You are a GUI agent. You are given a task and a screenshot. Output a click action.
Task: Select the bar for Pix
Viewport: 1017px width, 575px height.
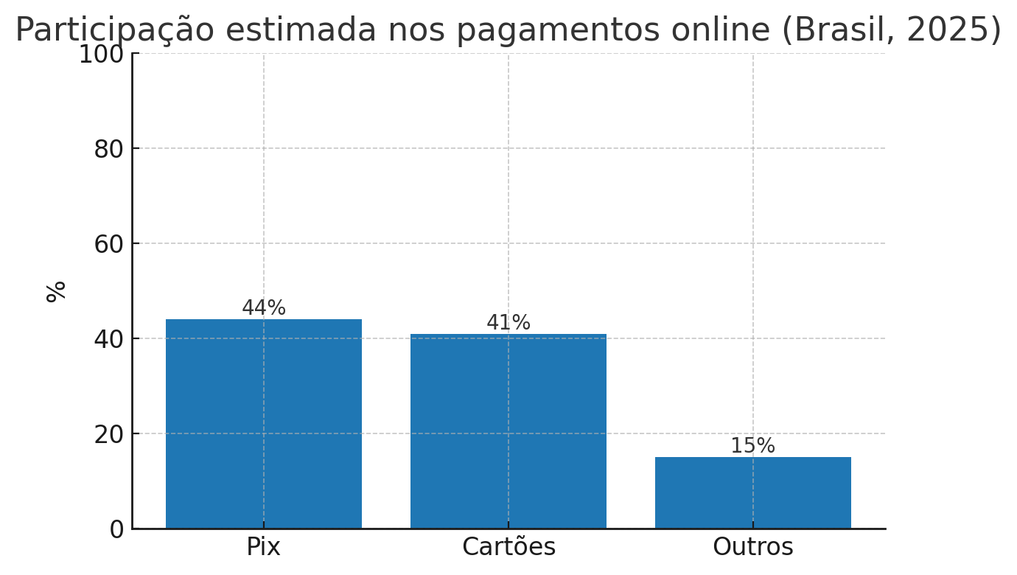click(x=264, y=424)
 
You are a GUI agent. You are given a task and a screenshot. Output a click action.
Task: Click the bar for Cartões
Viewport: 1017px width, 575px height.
click(x=508, y=431)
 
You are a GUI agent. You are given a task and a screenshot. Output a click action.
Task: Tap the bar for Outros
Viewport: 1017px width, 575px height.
click(x=752, y=492)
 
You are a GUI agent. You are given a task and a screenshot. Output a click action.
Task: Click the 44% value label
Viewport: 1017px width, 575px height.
click(x=264, y=308)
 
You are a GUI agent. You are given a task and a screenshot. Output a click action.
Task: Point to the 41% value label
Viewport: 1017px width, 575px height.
click(x=508, y=323)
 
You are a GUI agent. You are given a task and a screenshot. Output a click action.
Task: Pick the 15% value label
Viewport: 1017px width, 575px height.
click(x=752, y=446)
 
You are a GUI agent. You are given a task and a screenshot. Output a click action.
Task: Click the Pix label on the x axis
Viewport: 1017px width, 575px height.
click(x=264, y=547)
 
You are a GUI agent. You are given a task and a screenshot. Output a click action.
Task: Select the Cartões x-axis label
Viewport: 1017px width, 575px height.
click(x=508, y=547)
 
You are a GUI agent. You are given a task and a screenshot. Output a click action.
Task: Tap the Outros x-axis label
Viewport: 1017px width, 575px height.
click(x=752, y=547)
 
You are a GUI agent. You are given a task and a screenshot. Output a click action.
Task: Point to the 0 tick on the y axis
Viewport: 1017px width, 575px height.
click(x=116, y=529)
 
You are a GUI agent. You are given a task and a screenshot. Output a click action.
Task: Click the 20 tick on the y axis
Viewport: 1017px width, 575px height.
click(x=108, y=434)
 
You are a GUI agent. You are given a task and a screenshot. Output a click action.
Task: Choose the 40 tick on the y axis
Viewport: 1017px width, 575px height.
click(x=108, y=339)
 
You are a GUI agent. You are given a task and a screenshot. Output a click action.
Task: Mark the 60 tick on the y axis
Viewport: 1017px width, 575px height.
click(x=108, y=244)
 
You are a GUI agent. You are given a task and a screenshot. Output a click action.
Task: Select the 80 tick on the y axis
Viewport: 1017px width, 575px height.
click(x=108, y=149)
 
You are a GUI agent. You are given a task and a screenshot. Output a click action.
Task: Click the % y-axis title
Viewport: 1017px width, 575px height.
click(x=56, y=291)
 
